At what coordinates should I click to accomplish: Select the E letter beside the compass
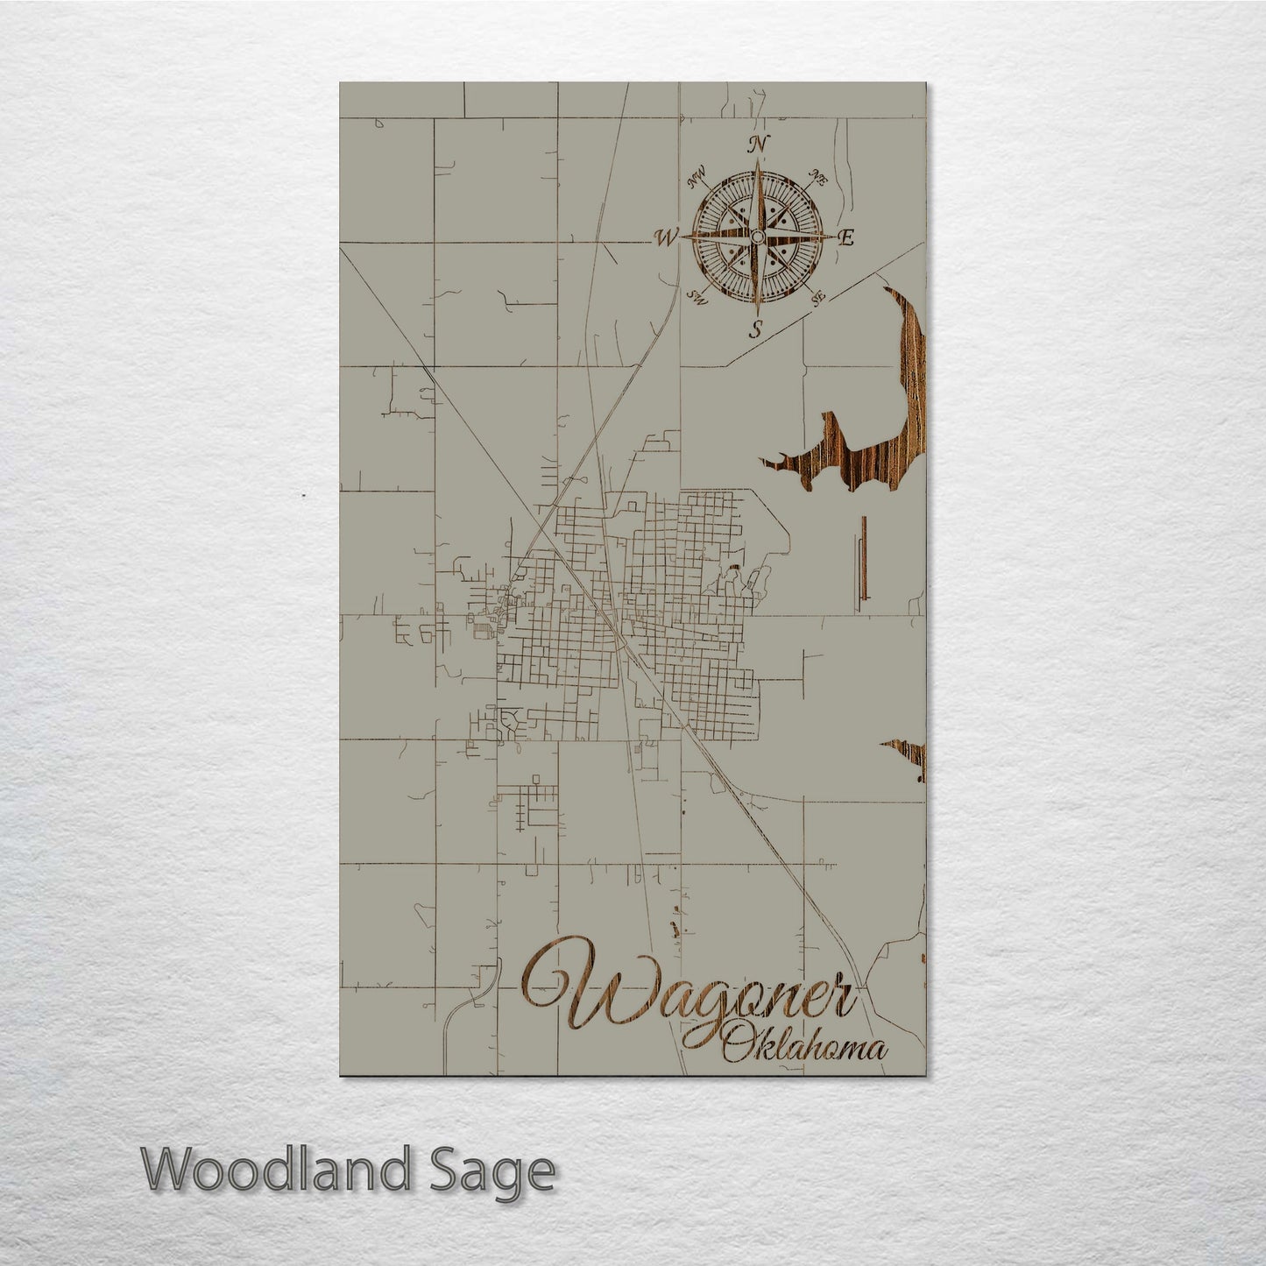(x=846, y=237)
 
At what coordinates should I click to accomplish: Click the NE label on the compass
(x=820, y=178)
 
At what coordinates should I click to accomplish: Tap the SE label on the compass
(x=818, y=298)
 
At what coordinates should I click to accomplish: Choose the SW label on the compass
(x=698, y=296)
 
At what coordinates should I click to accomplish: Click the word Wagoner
(x=692, y=994)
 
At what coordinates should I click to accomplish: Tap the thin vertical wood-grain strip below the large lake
(x=863, y=557)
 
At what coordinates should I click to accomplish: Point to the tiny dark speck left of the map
(x=303, y=496)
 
